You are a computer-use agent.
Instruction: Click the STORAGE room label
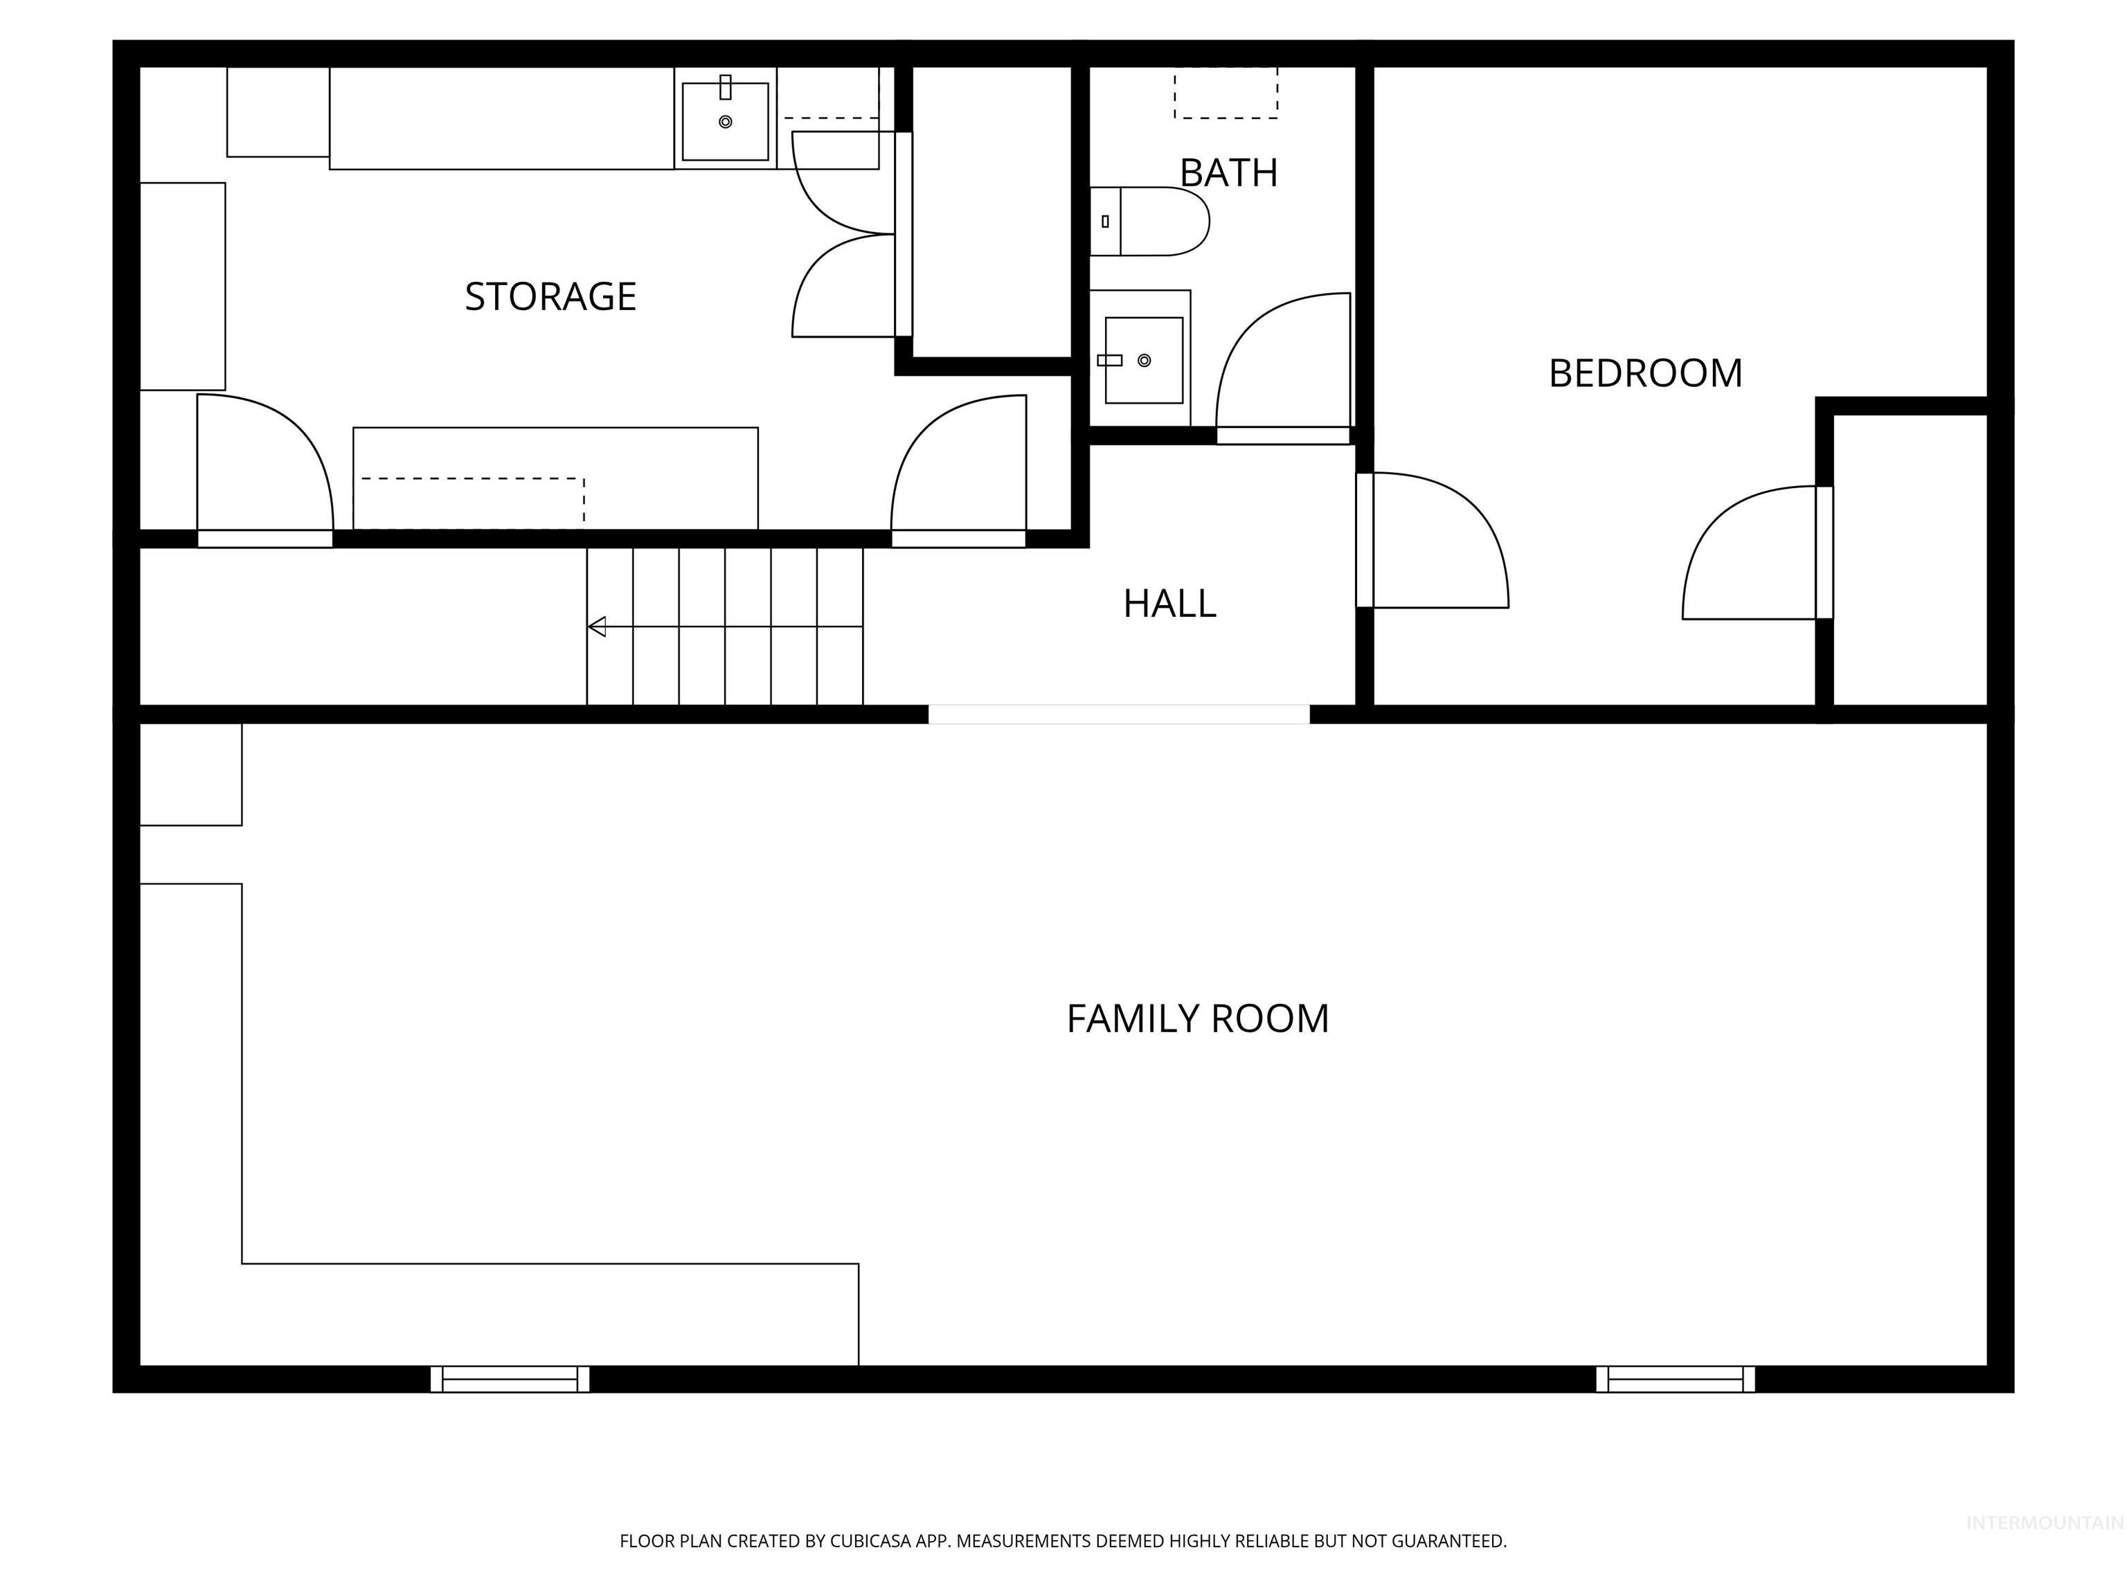(x=550, y=296)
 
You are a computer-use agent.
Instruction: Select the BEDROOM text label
(x=1644, y=373)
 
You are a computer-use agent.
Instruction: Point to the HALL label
(x=1169, y=604)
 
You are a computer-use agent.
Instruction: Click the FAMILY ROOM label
(x=1197, y=1018)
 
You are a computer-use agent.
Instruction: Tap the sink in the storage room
(x=725, y=121)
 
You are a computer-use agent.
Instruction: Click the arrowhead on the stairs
(x=597, y=627)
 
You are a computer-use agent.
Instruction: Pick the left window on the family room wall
(x=510, y=1379)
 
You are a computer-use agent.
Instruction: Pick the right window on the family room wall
(x=1675, y=1379)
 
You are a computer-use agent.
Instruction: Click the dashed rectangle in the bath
(x=1226, y=93)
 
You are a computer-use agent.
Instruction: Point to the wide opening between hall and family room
(x=1118, y=714)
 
